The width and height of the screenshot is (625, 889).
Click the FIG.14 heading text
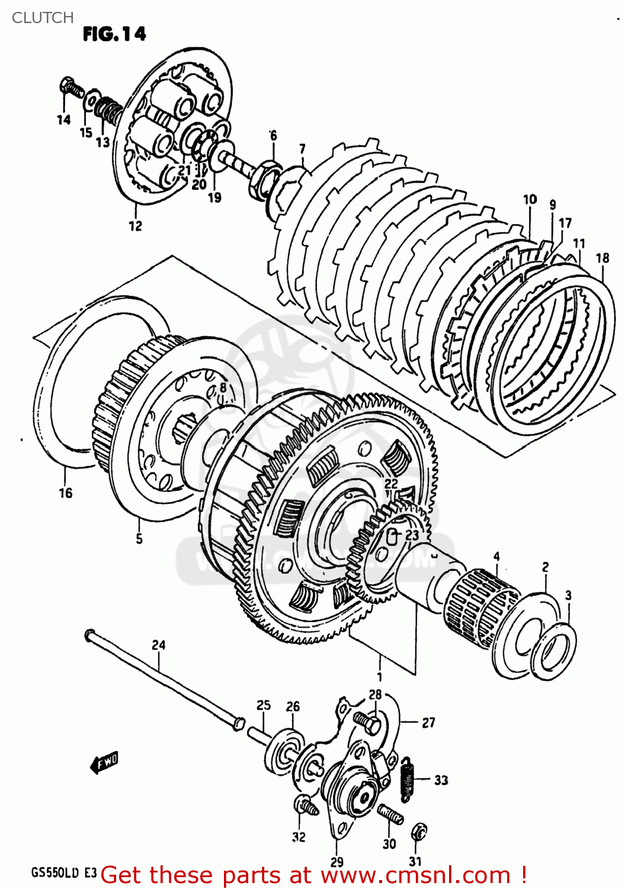[114, 34]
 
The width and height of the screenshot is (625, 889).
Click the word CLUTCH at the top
[43, 18]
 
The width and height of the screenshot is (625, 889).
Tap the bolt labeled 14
[72, 88]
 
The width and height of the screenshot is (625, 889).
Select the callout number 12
[136, 226]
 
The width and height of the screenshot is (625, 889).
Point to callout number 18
[602, 258]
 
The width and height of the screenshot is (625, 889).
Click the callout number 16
[65, 493]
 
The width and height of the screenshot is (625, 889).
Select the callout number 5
[139, 539]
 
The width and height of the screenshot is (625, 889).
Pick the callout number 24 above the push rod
[159, 645]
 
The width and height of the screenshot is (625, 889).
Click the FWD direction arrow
[105, 762]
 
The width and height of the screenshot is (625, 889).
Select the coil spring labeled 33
[407, 779]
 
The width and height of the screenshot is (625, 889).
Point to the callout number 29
[336, 862]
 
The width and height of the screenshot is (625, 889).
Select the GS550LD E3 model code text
[64, 873]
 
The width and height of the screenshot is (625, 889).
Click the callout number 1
[379, 677]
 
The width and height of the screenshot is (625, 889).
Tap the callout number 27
[428, 722]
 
